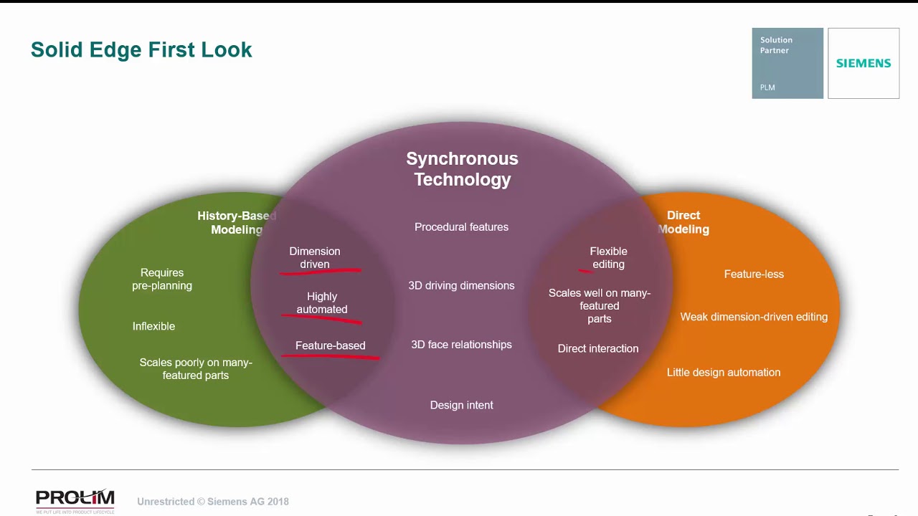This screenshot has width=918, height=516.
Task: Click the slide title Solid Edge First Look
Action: click(x=141, y=49)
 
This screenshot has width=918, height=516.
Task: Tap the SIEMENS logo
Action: click(x=863, y=63)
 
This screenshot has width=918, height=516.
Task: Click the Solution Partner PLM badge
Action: click(x=787, y=63)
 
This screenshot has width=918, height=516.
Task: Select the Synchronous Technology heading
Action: click(x=462, y=169)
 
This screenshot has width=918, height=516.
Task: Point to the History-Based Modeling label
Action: click(x=236, y=222)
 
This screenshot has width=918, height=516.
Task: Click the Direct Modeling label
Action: click(x=683, y=222)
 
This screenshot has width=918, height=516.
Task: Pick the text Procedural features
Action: click(x=461, y=227)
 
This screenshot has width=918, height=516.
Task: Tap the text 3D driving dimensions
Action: click(x=461, y=285)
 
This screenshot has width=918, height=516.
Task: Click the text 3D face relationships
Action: click(x=461, y=345)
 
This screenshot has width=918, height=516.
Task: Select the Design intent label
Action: click(x=461, y=405)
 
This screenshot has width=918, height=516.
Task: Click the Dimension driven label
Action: click(x=314, y=257)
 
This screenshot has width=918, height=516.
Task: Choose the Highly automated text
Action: click(x=321, y=302)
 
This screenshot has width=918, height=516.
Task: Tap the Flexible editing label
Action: click(x=608, y=257)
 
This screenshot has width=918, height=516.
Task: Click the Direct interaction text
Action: click(x=597, y=348)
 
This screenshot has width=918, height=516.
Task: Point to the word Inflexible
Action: click(x=153, y=326)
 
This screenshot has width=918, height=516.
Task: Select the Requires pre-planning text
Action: click(x=162, y=279)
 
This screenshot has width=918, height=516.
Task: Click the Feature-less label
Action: click(x=754, y=274)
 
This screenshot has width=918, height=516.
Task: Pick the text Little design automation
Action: click(x=723, y=372)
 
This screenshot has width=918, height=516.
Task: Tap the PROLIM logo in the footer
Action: click(x=75, y=500)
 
